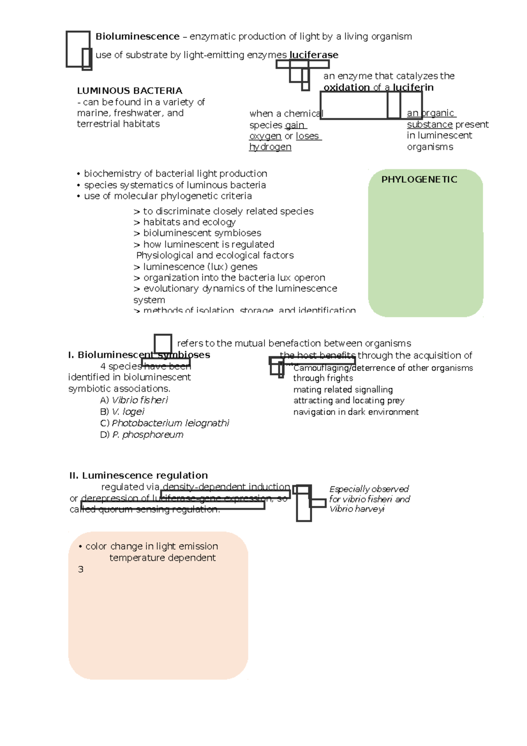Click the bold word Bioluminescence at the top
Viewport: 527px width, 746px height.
pos(137,36)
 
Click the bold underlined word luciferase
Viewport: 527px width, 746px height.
pos(314,55)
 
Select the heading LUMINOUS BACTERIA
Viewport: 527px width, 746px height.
pos(130,91)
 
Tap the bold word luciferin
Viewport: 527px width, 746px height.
pos(413,87)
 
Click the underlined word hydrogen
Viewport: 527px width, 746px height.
pos(270,147)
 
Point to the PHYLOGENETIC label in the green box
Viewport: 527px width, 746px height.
pos(419,179)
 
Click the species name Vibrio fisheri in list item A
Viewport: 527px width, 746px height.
pos(140,400)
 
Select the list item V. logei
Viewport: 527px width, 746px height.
pos(128,412)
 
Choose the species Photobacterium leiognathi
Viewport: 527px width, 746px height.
pos(170,423)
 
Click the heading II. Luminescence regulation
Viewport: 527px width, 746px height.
pos(138,475)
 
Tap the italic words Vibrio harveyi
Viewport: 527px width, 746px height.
pos(357,509)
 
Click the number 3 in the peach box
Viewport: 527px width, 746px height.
pos(80,569)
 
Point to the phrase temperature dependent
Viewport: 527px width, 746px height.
pos(162,558)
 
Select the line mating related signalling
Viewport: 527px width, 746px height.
pos(343,390)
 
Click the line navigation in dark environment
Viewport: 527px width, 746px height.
pos(356,412)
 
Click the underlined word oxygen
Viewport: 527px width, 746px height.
pos(265,136)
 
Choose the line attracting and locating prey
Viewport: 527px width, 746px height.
pos(349,401)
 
